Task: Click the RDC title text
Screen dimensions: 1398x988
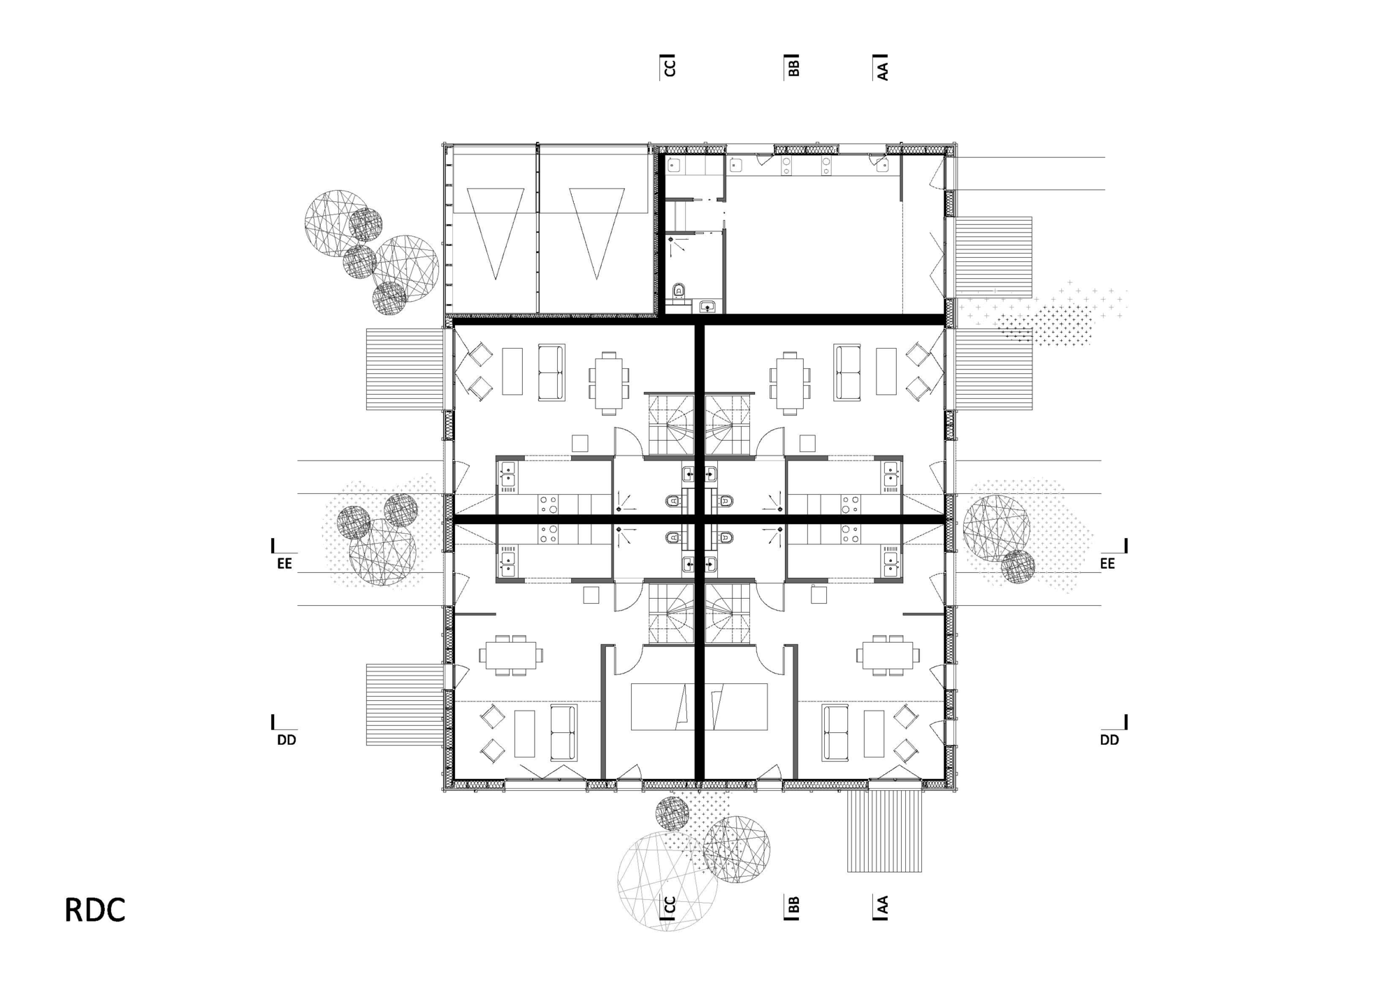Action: click(95, 910)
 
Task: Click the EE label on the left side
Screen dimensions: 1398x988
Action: click(284, 563)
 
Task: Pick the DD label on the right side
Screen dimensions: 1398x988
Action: click(1109, 740)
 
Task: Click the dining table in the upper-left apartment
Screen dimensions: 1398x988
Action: click(609, 382)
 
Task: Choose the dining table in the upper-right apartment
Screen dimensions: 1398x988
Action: click(790, 382)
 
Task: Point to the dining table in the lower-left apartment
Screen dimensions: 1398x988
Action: click(511, 655)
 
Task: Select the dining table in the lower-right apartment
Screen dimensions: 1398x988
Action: click(888, 655)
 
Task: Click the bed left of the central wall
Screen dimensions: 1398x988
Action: click(663, 706)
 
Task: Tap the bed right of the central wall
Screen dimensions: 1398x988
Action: click(736, 706)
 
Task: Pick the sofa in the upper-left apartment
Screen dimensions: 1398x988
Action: click(552, 372)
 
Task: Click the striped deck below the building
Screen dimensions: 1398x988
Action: click(884, 831)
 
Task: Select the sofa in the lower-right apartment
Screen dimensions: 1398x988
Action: click(835, 734)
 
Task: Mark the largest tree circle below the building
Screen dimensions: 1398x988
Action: click(668, 881)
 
